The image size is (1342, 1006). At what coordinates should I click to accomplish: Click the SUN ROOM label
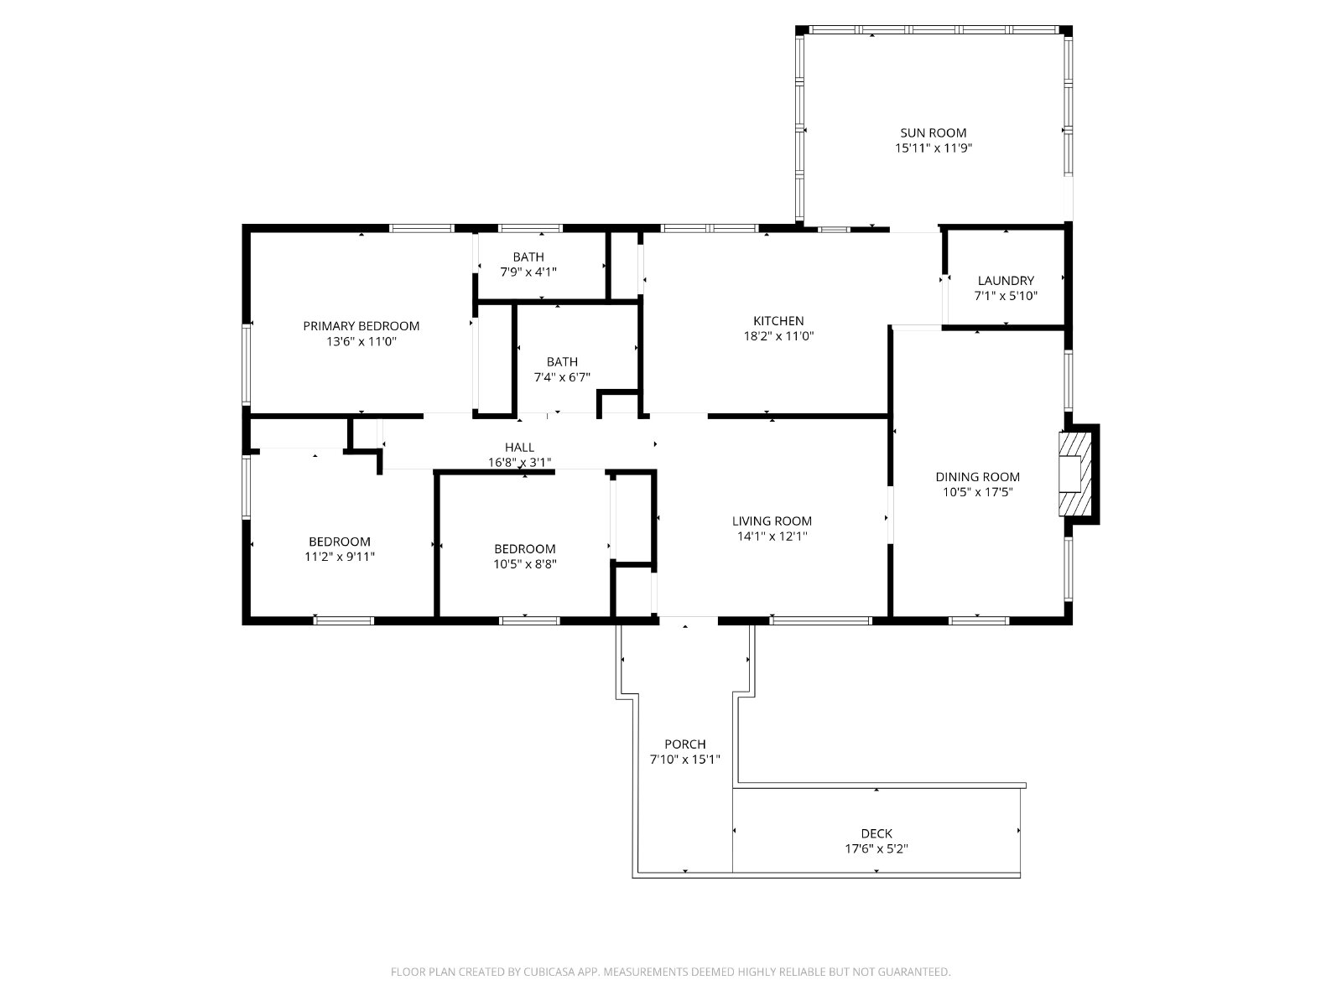[933, 132]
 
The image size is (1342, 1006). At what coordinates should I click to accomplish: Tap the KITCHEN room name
[778, 321]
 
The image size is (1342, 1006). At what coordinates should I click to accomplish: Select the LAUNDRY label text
[1006, 280]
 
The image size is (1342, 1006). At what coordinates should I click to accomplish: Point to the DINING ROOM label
[978, 476]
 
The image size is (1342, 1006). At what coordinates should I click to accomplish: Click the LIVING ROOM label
[772, 521]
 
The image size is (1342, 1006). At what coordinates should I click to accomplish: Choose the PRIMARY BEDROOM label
[362, 325]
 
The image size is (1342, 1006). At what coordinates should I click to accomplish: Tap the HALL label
[520, 447]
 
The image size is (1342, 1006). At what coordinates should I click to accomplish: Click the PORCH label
[685, 744]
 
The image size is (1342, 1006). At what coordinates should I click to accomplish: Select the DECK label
[876, 833]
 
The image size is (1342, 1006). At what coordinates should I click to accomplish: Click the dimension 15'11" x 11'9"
[934, 148]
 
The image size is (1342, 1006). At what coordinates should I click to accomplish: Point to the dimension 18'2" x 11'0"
[779, 335]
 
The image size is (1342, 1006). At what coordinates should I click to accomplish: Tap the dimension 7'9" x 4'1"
[529, 272]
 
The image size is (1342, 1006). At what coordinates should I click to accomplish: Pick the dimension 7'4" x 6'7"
[563, 377]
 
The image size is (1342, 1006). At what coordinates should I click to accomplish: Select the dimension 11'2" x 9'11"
[340, 557]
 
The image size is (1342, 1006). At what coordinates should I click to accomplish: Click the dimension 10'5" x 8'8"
[525, 563]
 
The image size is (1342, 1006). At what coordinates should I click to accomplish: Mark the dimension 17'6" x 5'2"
[876, 848]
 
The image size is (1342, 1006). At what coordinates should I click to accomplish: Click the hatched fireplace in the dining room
[1075, 474]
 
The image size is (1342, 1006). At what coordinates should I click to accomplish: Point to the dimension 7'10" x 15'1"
[685, 760]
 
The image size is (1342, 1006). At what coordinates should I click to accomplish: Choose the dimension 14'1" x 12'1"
[772, 536]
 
